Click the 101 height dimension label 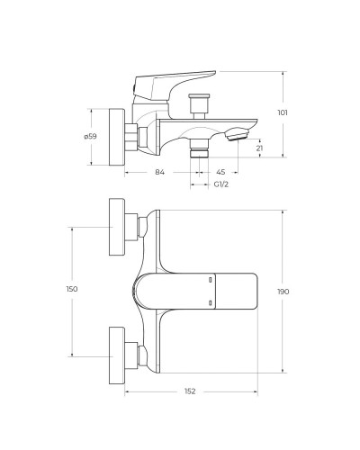(283, 112)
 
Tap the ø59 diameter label (90, 136)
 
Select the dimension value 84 (159, 172)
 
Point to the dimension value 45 (220, 172)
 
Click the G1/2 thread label (221, 184)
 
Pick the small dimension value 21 (260, 148)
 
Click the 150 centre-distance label (72, 289)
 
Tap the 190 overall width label (283, 292)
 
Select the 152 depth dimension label (190, 391)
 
